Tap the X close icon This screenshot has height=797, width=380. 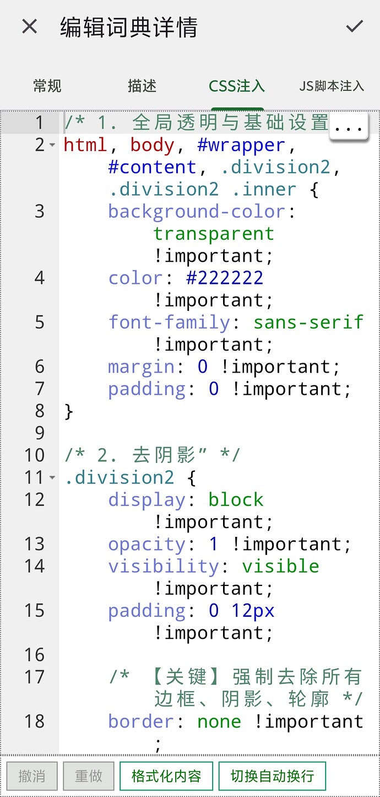29,26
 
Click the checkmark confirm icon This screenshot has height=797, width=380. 354,26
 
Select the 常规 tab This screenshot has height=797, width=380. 47,86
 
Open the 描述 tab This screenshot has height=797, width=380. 142,86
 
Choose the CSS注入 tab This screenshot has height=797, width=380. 237,86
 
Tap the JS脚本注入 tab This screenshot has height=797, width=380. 332,86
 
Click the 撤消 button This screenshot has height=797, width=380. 32,776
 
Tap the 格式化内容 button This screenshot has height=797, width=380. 166,776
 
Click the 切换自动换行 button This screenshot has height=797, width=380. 272,776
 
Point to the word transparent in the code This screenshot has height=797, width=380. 213,234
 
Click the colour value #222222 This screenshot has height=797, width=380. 225,278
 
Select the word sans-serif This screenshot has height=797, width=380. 308,322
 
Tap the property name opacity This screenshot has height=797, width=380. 146,544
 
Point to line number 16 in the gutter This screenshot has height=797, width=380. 34,655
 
